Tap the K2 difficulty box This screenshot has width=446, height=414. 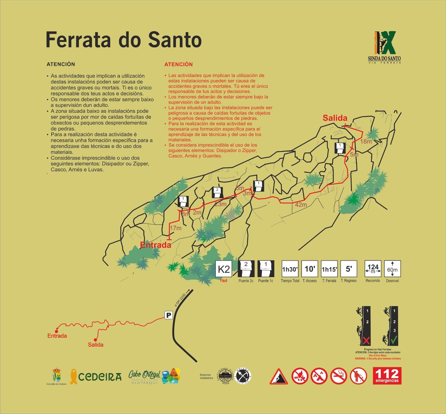[224, 269]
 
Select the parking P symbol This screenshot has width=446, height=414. [169, 315]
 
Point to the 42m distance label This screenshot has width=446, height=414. [301, 205]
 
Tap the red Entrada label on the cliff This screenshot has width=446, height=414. [155, 245]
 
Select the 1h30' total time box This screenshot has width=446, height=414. [290, 269]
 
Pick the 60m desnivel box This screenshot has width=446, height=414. [392, 269]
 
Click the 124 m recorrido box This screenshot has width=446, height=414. [373, 269]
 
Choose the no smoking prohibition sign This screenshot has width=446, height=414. [338, 376]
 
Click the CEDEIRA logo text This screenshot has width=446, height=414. [100, 376]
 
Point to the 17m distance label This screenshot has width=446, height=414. [175, 228]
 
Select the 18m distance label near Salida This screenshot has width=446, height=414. [366, 141]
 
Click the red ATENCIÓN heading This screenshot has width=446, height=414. [178, 65]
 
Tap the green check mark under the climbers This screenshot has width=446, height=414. [394, 340]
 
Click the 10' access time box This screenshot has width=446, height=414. [310, 269]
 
